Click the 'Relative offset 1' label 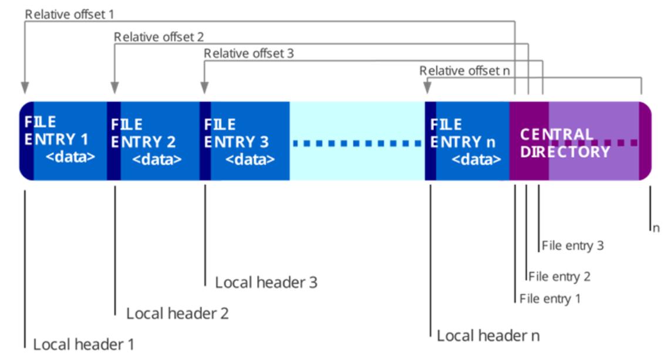point(69,15)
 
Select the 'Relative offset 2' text point(159,37)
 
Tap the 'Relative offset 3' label point(249,53)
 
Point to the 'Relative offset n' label point(465,70)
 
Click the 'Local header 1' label point(84,344)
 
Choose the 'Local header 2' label point(177,314)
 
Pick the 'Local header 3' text point(266,282)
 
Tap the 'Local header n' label point(488,335)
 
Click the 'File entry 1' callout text point(550,298)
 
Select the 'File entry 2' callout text point(559,277)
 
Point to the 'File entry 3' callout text point(572,245)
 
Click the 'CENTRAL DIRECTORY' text point(565,143)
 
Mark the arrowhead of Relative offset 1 point(25,88)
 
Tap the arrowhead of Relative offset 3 point(204,88)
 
